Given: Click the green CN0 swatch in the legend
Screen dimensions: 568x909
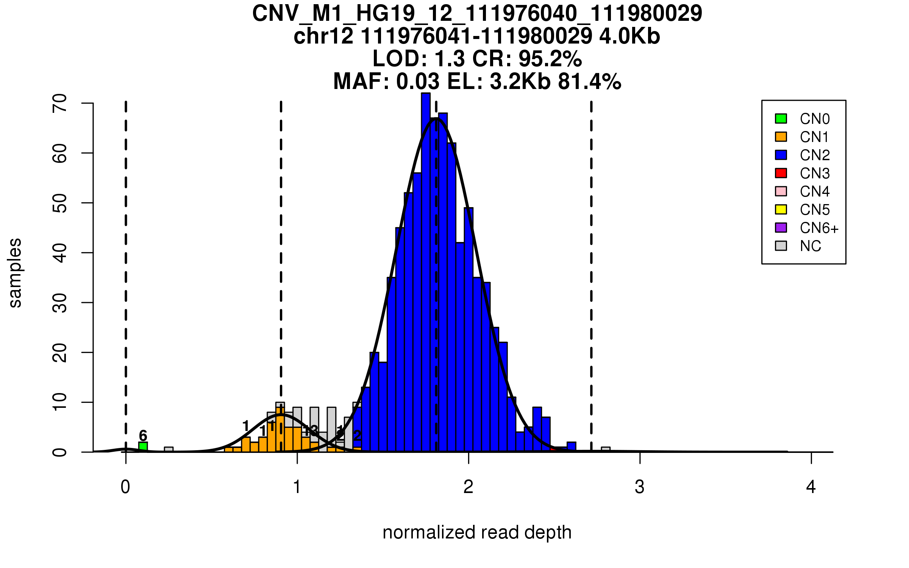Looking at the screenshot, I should click(x=781, y=119).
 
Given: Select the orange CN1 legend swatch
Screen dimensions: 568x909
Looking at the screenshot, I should click(x=781, y=137).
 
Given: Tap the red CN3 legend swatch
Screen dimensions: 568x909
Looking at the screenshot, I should click(x=781, y=173).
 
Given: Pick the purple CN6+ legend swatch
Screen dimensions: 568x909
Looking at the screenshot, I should click(x=781, y=228).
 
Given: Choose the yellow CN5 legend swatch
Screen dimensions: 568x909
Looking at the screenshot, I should click(x=781, y=209).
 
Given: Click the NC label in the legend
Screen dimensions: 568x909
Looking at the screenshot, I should click(x=810, y=246).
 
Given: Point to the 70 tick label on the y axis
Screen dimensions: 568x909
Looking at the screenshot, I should click(x=60, y=103).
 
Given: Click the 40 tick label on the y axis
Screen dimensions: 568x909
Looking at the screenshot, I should click(x=60, y=253).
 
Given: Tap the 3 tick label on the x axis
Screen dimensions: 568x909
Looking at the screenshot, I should click(x=640, y=487).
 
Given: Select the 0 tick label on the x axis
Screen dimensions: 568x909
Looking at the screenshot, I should click(x=125, y=487).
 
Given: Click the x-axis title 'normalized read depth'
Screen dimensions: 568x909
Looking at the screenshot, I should click(x=477, y=532).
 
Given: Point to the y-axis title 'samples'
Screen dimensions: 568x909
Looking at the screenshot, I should click(x=15, y=273).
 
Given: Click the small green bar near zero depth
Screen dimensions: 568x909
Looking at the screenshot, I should click(x=143, y=447).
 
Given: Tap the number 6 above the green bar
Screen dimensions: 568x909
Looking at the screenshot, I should click(x=143, y=435).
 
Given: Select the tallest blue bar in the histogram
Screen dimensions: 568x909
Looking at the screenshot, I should click(x=426, y=273).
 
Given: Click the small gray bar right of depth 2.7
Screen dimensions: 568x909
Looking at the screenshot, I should click(x=606, y=449).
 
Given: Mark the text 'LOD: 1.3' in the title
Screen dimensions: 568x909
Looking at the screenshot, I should click(x=418, y=59).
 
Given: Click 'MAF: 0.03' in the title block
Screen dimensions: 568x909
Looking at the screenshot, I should click(x=386, y=81).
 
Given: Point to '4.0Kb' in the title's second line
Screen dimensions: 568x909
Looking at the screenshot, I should click(x=629, y=36).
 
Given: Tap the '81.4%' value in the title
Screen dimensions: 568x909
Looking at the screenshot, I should click(x=589, y=81).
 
